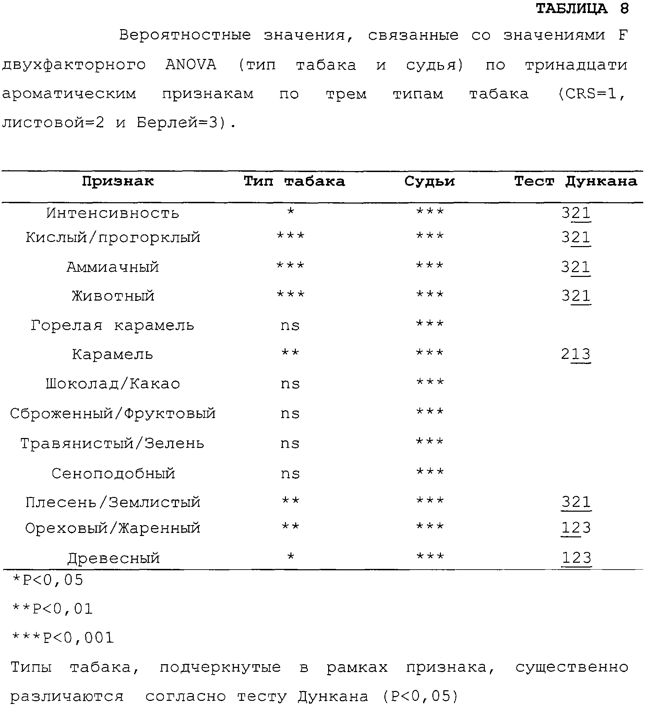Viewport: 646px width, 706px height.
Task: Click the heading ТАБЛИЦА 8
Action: [x=582, y=9]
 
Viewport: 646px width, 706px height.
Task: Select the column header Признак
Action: [x=118, y=181]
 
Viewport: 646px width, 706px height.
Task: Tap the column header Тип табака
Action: [x=294, y=181]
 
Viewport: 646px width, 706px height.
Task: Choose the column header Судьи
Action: [x=430, y=181]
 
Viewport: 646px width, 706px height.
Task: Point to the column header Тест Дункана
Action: [x=575, y=181]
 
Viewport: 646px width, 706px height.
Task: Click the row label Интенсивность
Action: [x=112, y=213]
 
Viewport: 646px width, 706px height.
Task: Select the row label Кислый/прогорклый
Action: [x=113, y=238]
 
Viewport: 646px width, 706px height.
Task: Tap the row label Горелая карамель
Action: [x=112, y=326]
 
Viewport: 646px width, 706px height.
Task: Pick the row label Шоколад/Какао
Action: [x=113, y=384]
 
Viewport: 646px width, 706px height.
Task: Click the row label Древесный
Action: [x=113, y=558]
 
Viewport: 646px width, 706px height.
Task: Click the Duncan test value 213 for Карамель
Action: [x=576, y=354]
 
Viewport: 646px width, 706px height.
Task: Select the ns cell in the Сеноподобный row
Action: [x=290, y=474]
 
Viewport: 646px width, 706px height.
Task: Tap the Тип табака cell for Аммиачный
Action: [x=290, y=266]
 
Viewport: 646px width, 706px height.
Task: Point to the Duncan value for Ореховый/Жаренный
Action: [x=576, y=528]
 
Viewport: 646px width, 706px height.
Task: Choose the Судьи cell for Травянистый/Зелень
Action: [x=430, y=442]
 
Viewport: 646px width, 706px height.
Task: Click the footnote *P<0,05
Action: [x=48, y=580]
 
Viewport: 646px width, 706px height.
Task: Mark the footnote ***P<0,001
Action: [x=63, y=638]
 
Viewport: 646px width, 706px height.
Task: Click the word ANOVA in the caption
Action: [x=191, y=65]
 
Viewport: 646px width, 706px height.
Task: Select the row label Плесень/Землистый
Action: [x=113, y=502]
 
